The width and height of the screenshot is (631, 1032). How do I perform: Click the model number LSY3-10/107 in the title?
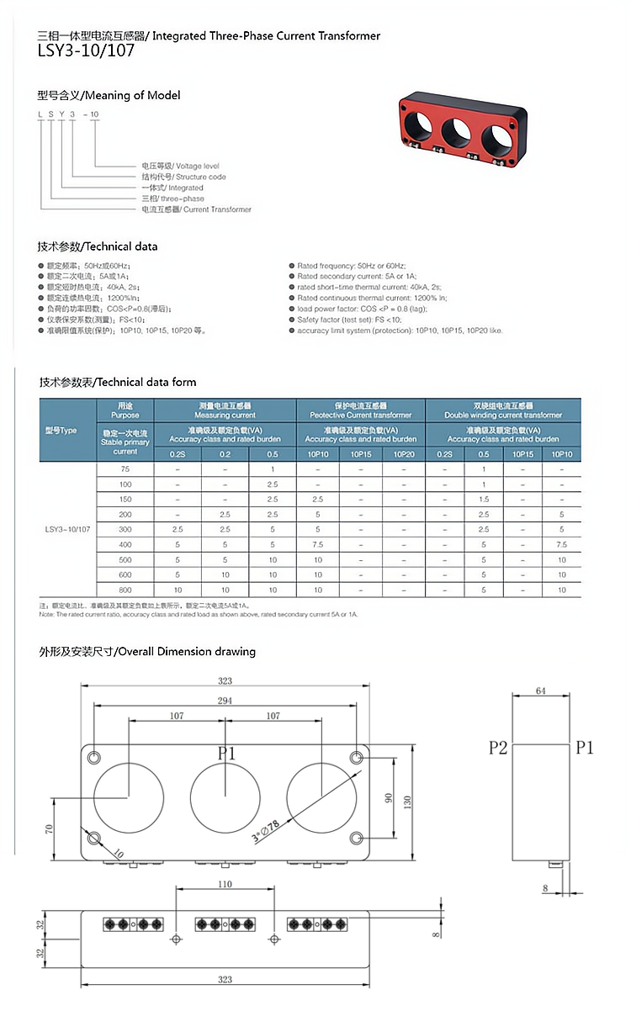click(85, 51)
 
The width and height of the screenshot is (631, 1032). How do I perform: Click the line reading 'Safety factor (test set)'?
click(349, 320)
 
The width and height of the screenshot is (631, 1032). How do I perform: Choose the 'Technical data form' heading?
click(117, 382)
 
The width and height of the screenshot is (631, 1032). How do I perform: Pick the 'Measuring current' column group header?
click(225, 410)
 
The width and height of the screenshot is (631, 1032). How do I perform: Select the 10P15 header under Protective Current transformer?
click(361, 454)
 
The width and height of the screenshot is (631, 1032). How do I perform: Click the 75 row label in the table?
click(125, 469)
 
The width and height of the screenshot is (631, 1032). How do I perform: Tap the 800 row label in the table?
click(125, 590)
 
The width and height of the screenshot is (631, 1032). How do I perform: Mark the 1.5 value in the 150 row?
click(484, 500)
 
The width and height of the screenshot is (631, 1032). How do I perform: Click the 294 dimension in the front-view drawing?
click(225, 700)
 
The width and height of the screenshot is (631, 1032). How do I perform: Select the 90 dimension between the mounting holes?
click(390, 796)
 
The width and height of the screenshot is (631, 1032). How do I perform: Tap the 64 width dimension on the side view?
click(540, 691)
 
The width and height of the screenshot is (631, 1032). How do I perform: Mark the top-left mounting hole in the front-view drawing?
click(94, 755)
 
